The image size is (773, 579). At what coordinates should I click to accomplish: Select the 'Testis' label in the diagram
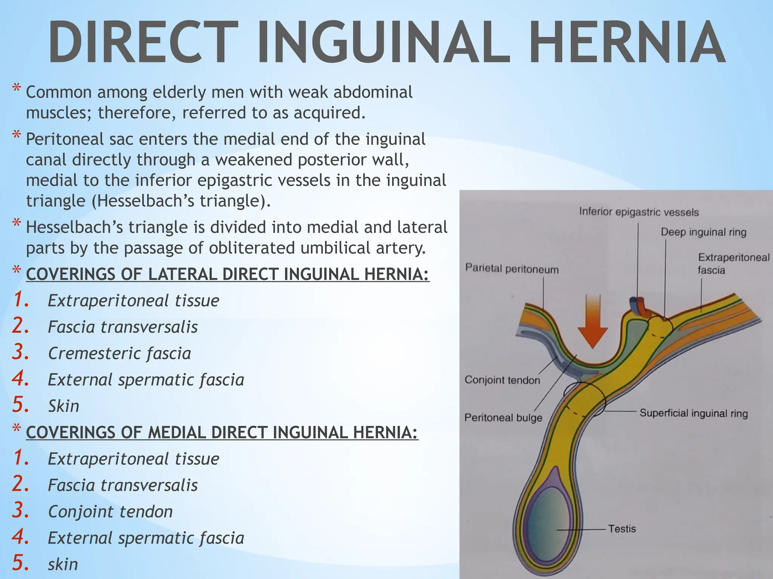point(622,529)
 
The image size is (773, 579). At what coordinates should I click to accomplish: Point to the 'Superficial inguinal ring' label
point(693,414)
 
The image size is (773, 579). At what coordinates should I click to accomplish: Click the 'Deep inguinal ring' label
point(703,232)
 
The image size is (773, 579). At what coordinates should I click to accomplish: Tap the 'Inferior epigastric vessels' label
point(639,212)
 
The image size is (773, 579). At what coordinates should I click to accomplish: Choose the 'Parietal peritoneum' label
point(511,269)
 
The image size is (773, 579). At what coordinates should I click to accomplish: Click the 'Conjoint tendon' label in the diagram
point(502,380)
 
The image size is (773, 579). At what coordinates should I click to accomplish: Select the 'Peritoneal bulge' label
point(503,418)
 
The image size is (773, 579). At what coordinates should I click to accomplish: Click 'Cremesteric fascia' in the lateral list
point(119,354)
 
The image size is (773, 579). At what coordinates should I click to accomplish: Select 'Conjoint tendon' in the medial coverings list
point(110,512)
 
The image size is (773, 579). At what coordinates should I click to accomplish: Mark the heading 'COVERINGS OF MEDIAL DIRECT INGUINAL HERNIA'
point(222,432)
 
